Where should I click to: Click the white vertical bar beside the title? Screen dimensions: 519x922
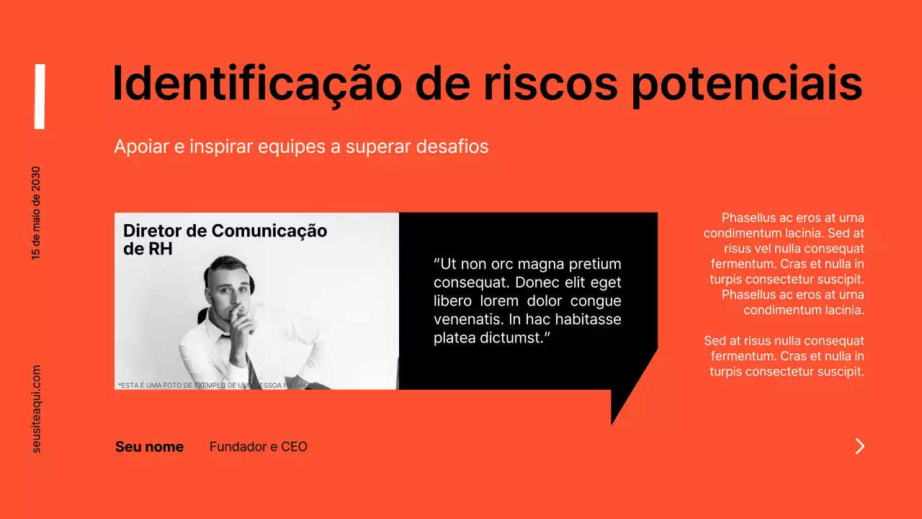click(x=40, y=97)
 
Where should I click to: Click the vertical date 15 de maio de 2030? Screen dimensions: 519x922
click(x=36, y=213)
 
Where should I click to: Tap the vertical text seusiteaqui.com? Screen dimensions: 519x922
click(x=37, y=409)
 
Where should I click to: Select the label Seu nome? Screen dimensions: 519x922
click(x=149, y=447)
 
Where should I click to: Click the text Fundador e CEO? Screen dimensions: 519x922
click(x=258, y=447)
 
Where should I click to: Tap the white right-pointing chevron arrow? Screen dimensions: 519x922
click(x=859, y=446)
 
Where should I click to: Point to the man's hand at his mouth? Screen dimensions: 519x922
click(x=241, y=324)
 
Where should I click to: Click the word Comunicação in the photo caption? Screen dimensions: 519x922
click(x=269, y=231)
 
